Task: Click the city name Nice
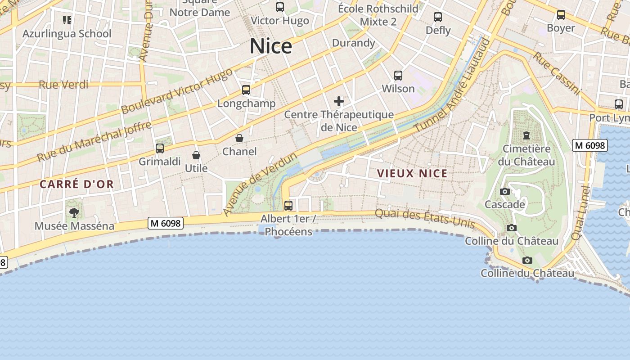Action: (x=271, y=46)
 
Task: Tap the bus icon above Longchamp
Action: (x=246, y=90)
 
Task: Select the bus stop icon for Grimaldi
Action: (x=159, y=148)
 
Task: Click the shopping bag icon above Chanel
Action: (x=239, y=138)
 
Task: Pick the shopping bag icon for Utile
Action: (x=196, y=155)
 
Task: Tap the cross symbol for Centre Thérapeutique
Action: (x=339, y=101)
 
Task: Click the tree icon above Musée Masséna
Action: (x=74, y=212)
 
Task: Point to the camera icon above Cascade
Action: (x=505, y=191)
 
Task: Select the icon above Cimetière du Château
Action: (x=526, y=135)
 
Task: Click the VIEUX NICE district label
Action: (x=412, y=174)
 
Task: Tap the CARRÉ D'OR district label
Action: (x=76, y=184)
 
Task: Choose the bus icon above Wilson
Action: (x=398, y=75)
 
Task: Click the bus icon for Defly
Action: (x=438, y=17)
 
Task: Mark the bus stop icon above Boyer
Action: (x=561, y=15)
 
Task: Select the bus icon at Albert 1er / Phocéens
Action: (x=288, y=205)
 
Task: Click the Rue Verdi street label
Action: (x=63, y=85)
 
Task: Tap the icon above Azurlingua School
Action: (x=67, y=20)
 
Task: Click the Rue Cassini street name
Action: (x=557, y=73)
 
